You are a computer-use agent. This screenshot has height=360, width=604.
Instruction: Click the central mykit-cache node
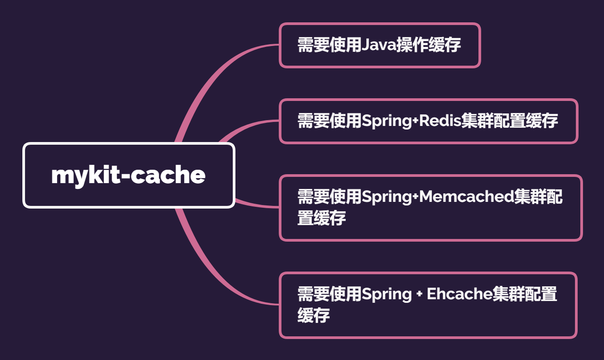[129, 175]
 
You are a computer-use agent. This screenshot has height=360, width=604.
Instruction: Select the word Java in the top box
[378, 45]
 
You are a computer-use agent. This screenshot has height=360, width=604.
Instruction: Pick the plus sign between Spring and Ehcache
[419, 294]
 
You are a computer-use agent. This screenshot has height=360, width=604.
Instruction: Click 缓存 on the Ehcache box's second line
[314, 315]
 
